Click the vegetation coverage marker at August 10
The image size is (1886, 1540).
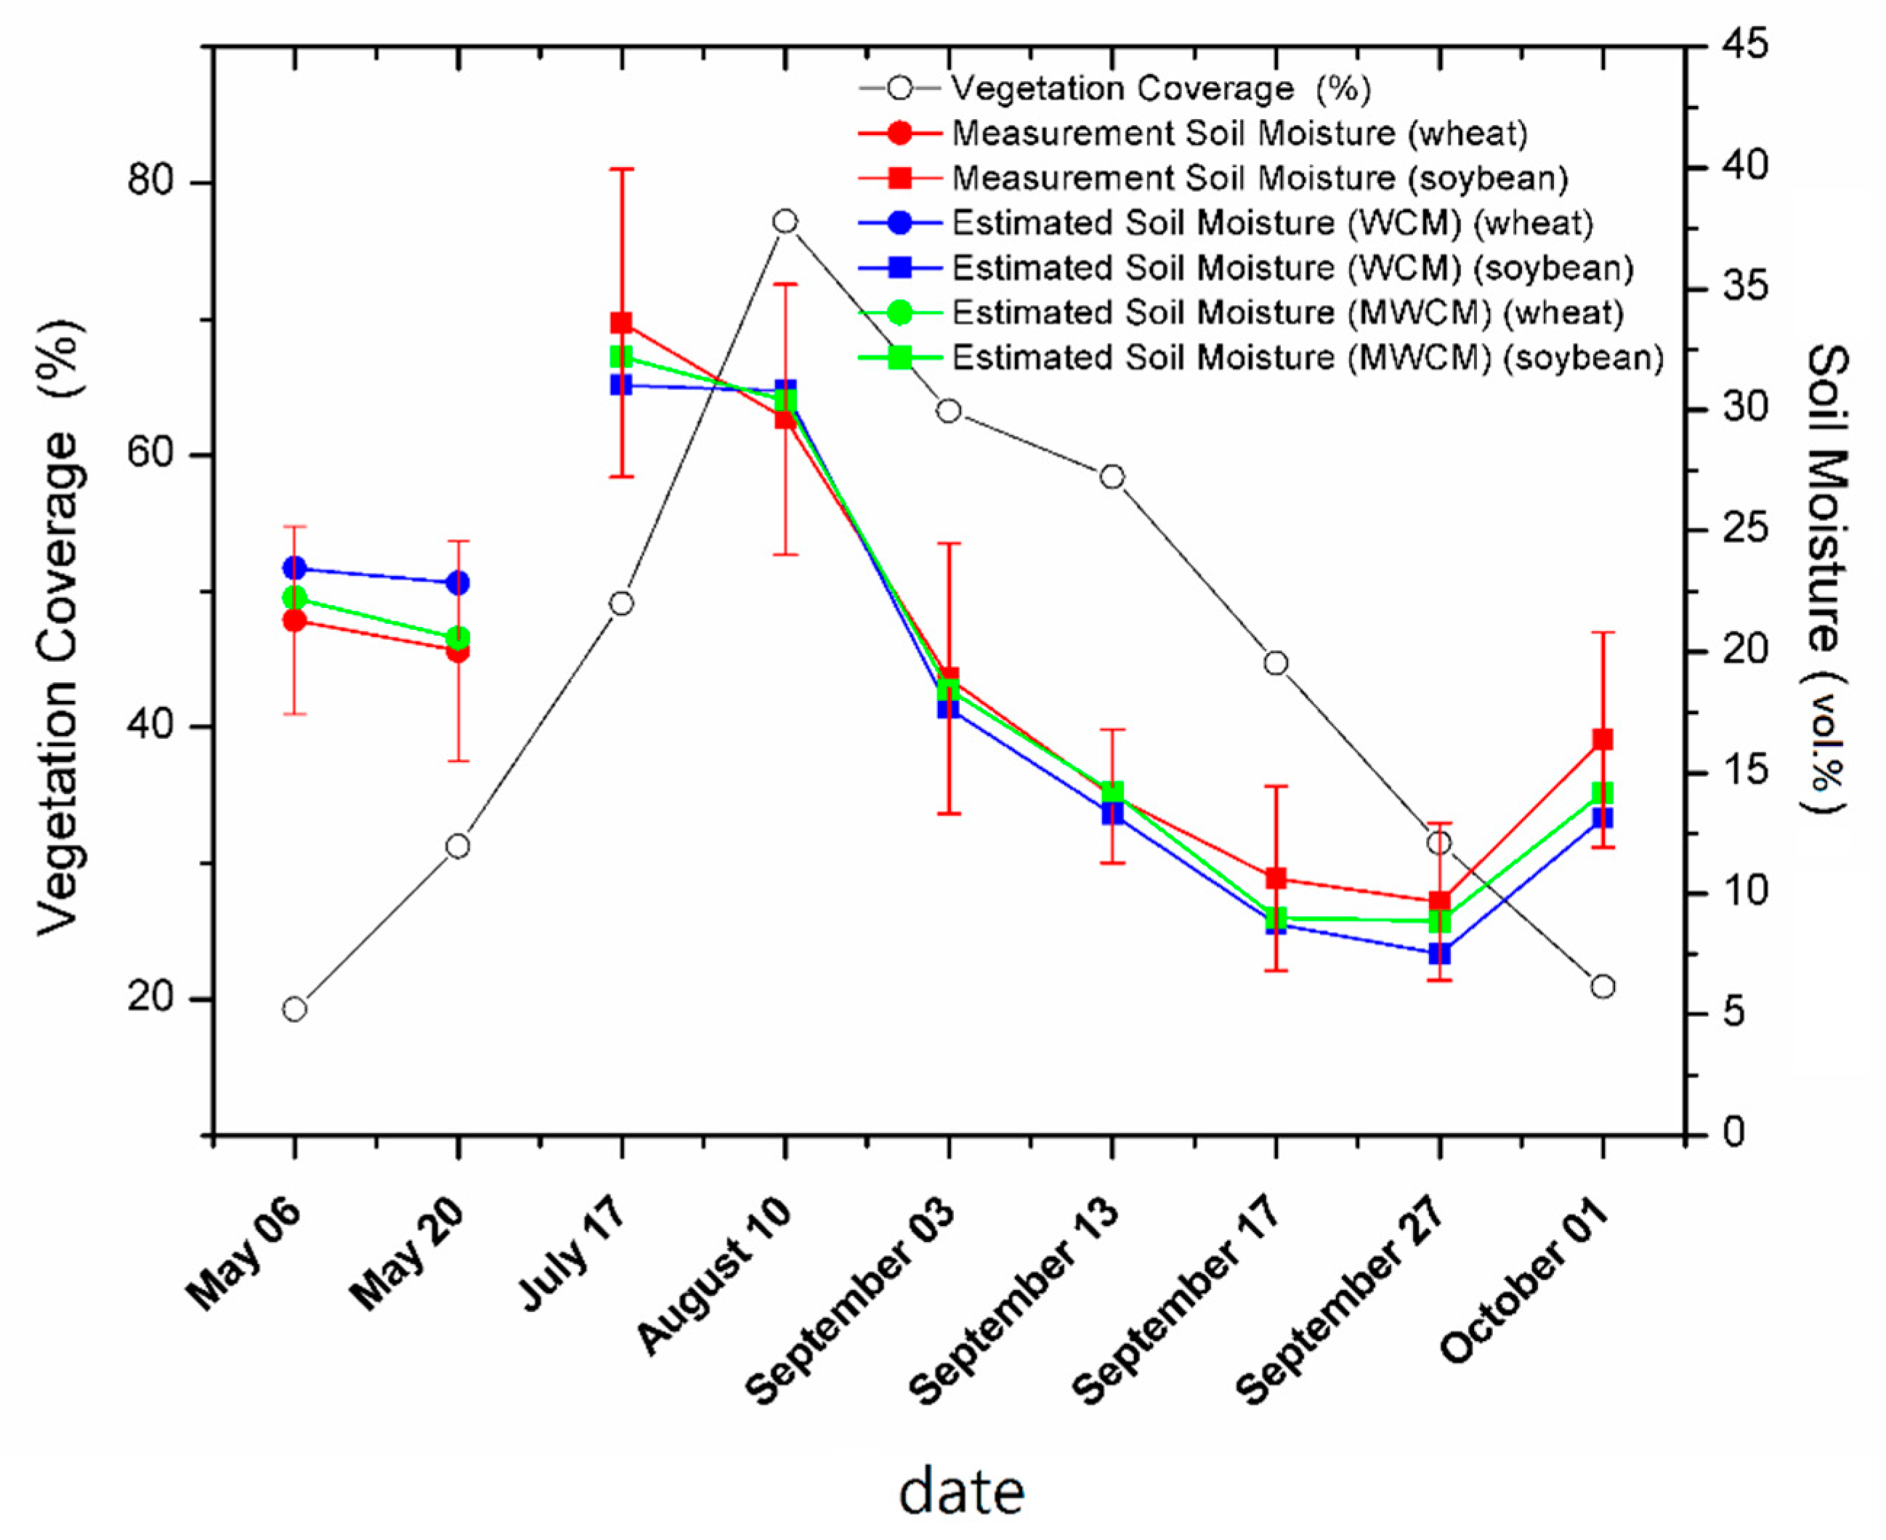[x=784, y=221]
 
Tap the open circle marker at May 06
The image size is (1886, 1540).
[x=294, y=1010]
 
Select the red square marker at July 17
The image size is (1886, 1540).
[x=621, y=323]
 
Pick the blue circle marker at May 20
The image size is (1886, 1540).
[x=458, y=583]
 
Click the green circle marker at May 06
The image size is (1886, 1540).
[x=294, y=598]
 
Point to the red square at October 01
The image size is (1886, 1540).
[x=1602, y=739]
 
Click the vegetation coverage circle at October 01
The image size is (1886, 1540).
[x=1602, y=986]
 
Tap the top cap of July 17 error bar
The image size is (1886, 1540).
[x=621, y=169]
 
